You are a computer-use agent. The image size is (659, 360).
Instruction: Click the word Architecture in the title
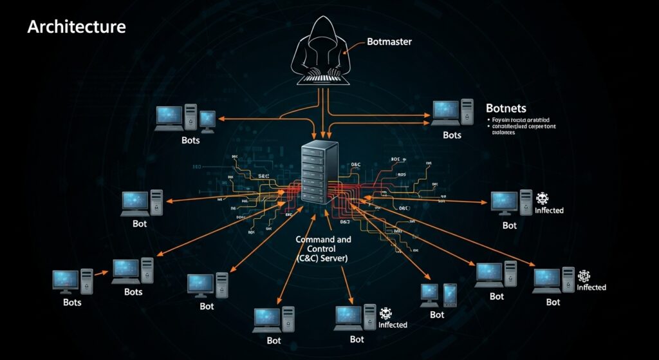point(76,27)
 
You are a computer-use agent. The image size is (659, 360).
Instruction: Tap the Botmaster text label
point(389,42)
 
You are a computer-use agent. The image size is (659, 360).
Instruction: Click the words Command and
point(323,239)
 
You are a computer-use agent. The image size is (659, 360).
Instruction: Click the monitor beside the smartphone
point(429,293)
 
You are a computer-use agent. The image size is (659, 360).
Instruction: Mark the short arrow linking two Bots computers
point(102,273)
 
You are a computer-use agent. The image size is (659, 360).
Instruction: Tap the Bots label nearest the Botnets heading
point(452,135)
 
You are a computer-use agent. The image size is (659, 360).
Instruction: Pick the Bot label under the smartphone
point(437,315)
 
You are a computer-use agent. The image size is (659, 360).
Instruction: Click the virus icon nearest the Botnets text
point(541,198)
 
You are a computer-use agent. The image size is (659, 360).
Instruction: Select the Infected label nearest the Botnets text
point(549,211)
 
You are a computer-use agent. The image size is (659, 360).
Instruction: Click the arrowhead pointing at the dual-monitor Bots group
point(221,118)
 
